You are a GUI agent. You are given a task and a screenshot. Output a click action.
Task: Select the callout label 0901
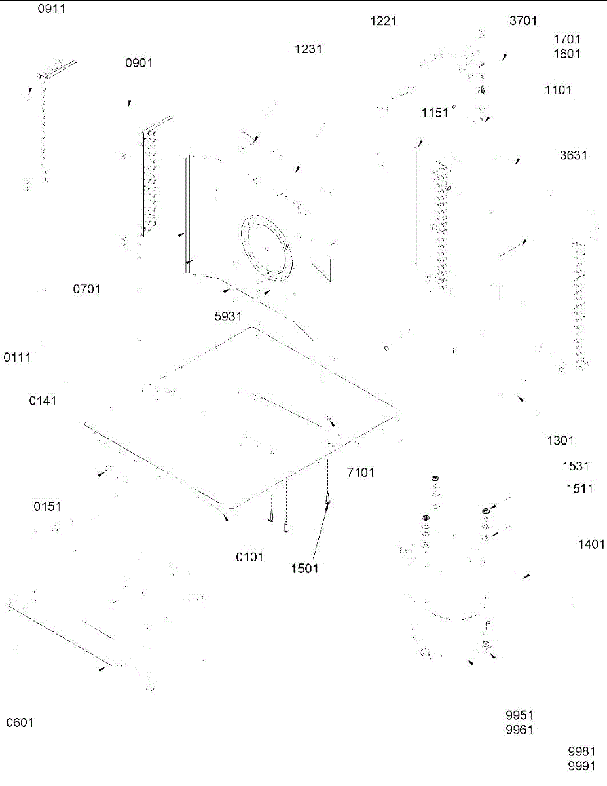click(x=139, y=63)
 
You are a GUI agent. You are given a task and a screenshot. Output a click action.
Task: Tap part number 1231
click(x=308, y=48)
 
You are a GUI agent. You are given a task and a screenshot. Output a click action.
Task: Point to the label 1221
click(x=384, y=21)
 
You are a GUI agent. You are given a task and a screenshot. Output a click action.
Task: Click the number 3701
click(x=523, y=21)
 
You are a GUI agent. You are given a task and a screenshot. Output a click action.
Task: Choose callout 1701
click(x=567, y=39)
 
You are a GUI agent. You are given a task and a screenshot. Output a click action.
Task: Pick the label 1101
click(x=559, y=90)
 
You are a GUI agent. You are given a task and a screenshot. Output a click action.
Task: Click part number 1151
click(x=435, y=113)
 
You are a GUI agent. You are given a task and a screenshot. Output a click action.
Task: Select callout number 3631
click(x=574, y=155)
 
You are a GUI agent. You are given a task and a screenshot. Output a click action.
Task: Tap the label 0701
click(x=87, y=288)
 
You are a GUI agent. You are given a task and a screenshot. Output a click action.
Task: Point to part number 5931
click(x=229, y=316)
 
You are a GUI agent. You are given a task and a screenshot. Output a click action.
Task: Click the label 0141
click(x=43, y=401)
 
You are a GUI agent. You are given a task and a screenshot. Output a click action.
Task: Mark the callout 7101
click(x=361, y=472)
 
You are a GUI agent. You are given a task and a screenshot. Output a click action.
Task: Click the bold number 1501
click(x=305, y=569)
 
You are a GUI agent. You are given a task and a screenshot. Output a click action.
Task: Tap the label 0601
click(x=20, y=722)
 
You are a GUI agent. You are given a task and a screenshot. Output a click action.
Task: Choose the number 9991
click(x=581, y=766)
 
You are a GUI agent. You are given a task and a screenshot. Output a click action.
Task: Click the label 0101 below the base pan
click(x=250, y=557)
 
